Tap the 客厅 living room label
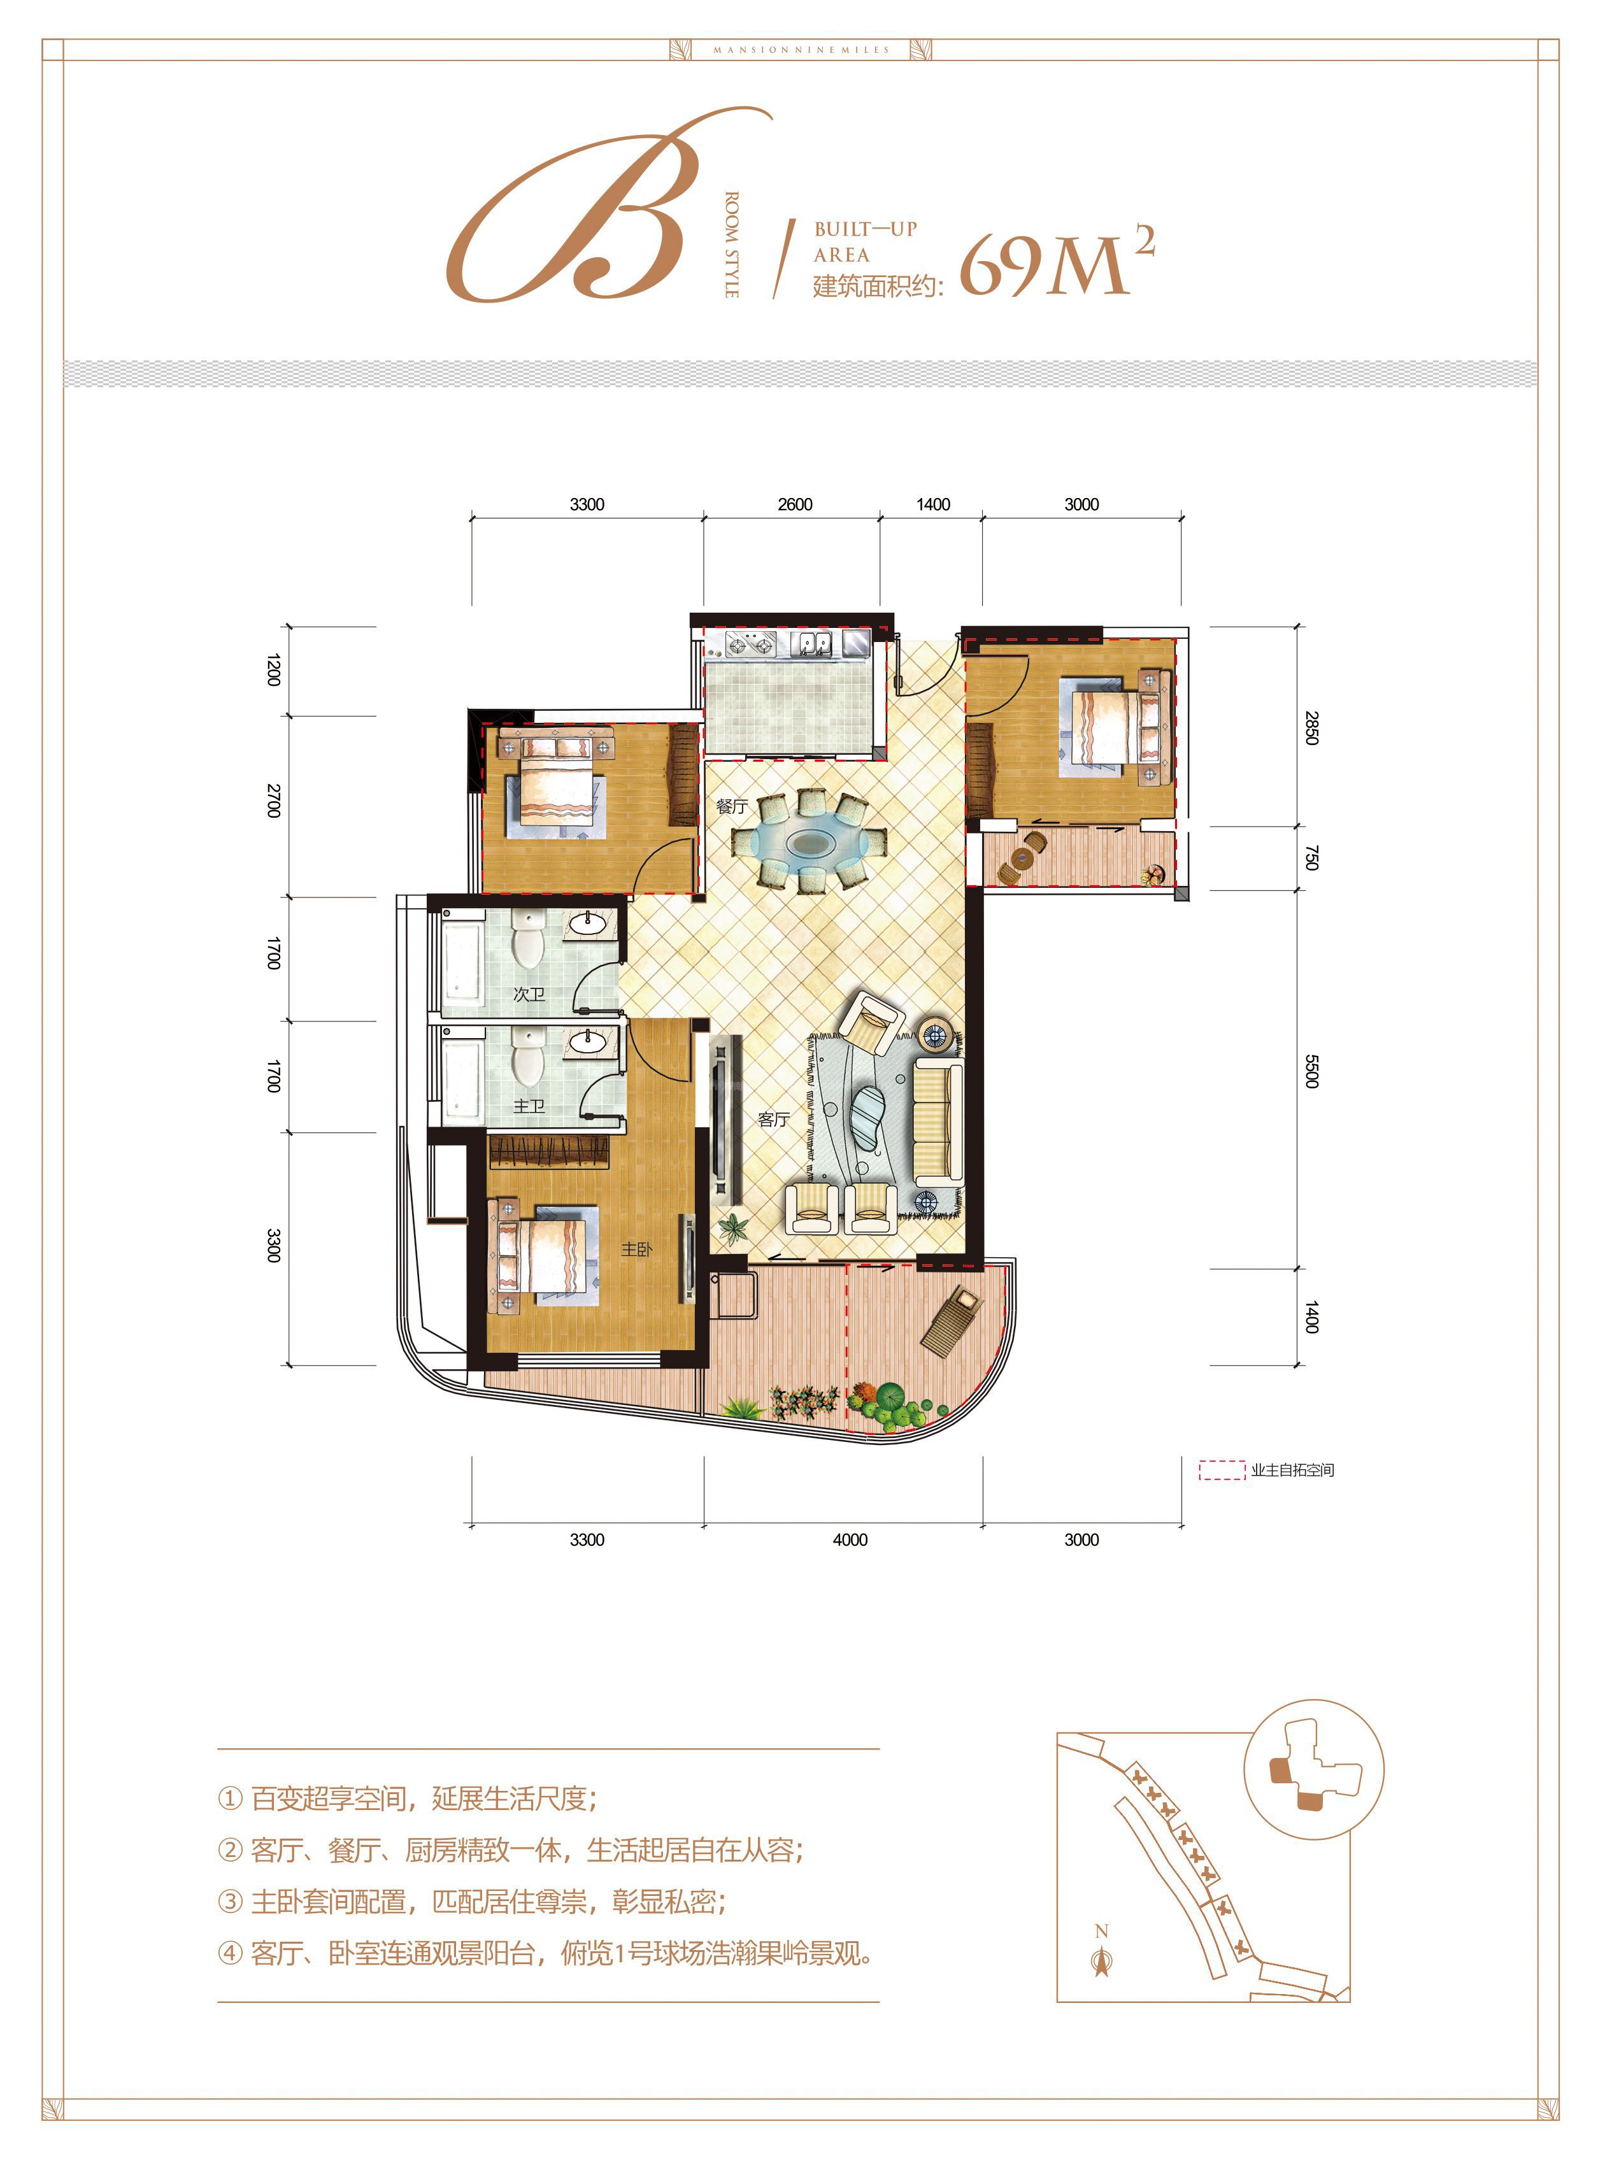[x=774, y=1119]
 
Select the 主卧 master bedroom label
[x=636, y=1250]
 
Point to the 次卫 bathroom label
[x=529, y=994]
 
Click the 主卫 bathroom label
[x=529, y=1106]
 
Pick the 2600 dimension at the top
[x=795, y=504]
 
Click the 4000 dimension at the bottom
[x=850, y=1540]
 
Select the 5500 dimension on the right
[x=1311, y=1071]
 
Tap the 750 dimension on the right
[x=1311, y=857]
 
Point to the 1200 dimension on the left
[x=274, y=671]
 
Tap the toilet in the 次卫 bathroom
[x=527, y=938]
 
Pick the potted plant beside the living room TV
[x=733, y=1229]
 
